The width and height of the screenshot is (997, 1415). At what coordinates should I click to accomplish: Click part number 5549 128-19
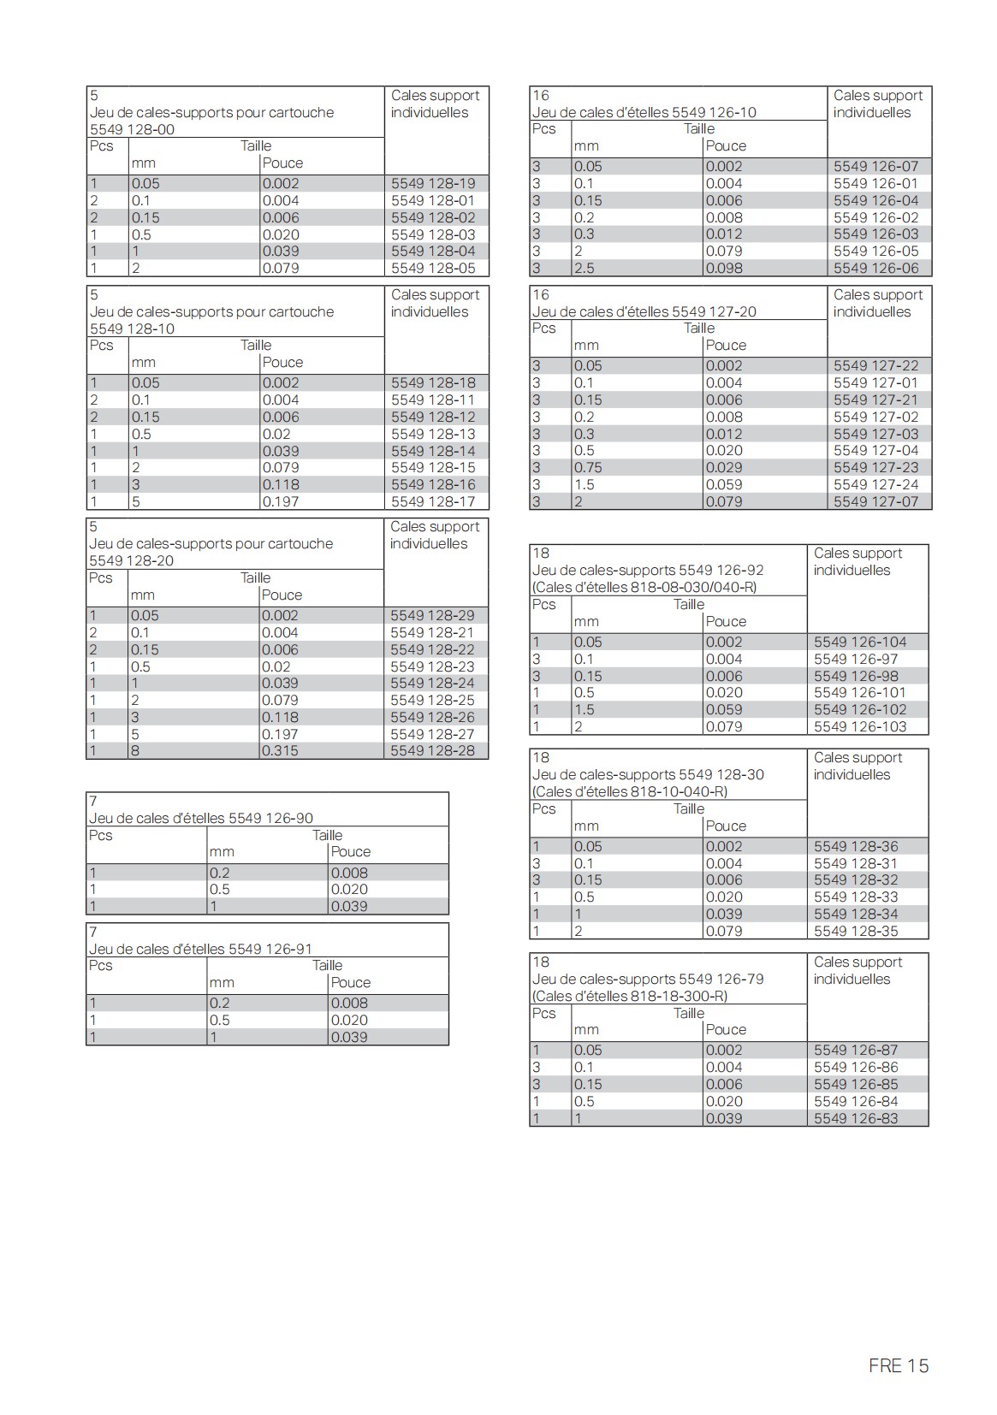pyautogui.click(x=433, y=183)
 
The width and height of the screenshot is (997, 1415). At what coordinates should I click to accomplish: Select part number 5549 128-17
pyautogui.click(x=433, y=501)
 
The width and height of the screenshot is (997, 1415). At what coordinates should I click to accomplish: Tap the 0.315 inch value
pyautogui.click(x=281, y=751)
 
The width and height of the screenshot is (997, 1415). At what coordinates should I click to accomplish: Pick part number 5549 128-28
pyautogui.click(x=432, y=751)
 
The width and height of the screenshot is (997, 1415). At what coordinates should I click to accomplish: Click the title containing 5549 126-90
pyautogui.click(x=201, y=818)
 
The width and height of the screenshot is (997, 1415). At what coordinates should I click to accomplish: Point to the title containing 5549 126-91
pyautogui.click(x=201, y=949)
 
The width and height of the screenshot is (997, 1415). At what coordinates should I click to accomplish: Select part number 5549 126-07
pyautogui.click(x=875, y=166)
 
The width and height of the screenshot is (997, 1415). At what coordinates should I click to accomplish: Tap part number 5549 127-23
pyautogui.click(x=875, y=468)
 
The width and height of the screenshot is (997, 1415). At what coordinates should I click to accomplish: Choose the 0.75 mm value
pyautogui.click(x=588, y=468)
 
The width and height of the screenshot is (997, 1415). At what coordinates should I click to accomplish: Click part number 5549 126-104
pyautogui.click(x=860, y=642)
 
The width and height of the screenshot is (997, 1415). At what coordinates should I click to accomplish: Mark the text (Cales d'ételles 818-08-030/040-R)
pyautogui.click(x=644, y=588)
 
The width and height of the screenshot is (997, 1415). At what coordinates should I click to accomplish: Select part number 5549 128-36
pyautogui.click(x=856, y=846)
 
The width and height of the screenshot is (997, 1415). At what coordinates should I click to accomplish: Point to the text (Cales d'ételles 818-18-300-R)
pyautogui.click(x=630, y=996)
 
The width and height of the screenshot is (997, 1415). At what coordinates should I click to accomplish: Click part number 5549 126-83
pyautogui.click(x=856, y=1118)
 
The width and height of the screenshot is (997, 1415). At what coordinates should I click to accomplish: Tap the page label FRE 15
pyautogui.click(x=898, y=1365)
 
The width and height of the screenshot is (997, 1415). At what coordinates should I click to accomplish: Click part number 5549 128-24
pyautogui.click(x=432, y=683)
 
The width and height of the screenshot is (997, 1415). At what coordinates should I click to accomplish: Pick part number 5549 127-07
pyautogui.click(x=875, y=501)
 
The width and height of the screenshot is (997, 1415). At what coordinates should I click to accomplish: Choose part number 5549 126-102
pyautogui.click(x=860, y=709)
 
